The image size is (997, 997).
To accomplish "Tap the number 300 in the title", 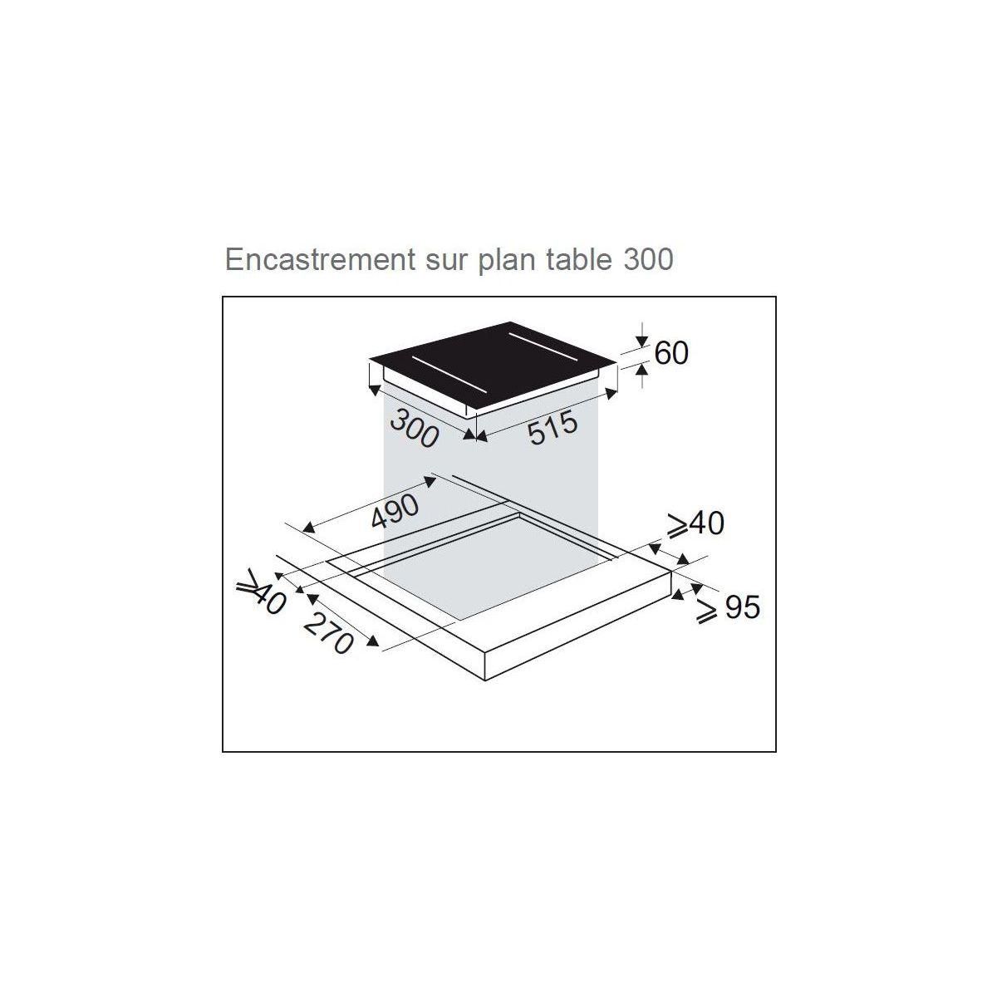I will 646,259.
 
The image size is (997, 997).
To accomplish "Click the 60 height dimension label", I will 671,353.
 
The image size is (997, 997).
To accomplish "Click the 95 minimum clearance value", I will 742,607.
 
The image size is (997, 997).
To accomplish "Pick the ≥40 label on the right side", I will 695,524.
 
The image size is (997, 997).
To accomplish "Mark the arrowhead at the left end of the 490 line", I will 307,528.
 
